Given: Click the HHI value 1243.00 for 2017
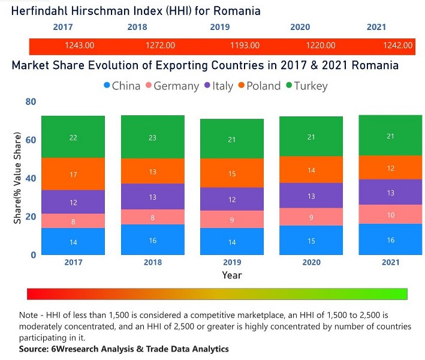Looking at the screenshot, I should [79, 45].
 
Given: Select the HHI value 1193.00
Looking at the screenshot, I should [244, 45].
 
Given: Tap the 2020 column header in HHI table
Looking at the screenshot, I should [300, 27].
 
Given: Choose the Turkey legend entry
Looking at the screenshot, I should [306, 86].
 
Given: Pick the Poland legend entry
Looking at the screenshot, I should [257, 86].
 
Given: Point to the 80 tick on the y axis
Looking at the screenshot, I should [31, 102].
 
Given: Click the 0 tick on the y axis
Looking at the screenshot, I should [33, 255].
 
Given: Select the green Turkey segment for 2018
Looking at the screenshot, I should [152, 137].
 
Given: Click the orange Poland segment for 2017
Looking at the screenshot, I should [73, 174].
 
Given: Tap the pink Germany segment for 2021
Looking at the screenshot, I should [390, 214].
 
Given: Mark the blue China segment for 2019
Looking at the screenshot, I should [231, 242].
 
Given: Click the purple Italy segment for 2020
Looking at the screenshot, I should [311, 196].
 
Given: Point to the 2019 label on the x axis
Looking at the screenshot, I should [231, 263].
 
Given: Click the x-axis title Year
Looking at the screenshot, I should [231, 275].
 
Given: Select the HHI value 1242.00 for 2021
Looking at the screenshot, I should [398, 45].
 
